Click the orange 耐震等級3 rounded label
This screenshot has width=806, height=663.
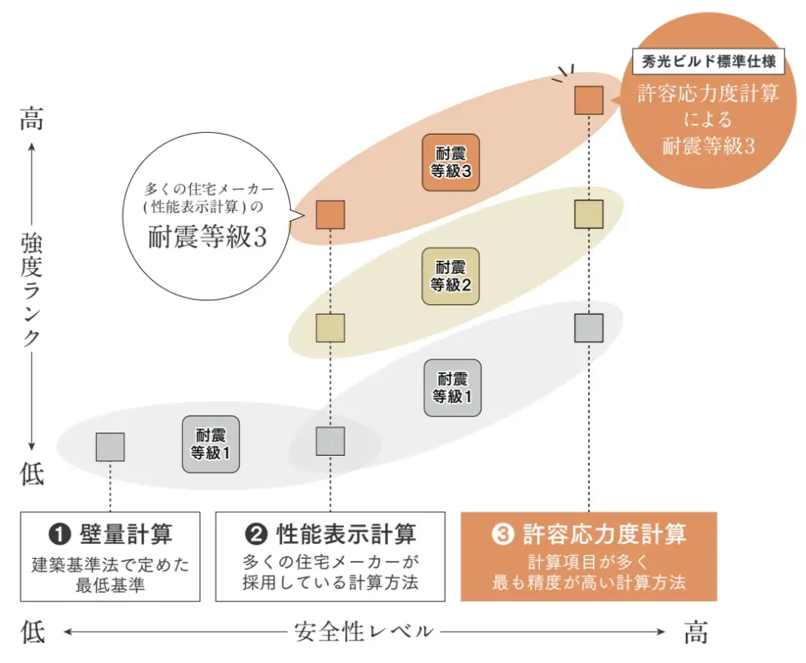[450, 162]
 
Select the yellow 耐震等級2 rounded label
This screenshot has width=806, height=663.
[450, 275]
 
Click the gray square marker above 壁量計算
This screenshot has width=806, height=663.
[110, 447]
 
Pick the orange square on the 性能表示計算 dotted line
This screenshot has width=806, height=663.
[330, 215]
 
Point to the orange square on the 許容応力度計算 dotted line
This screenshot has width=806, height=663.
[589, 99]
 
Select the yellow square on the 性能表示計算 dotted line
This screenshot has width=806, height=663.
[330, 327]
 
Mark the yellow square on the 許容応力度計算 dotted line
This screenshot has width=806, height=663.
[589, 215]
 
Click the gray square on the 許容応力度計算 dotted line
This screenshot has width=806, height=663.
[589, 327]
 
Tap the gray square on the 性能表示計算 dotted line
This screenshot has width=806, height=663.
[330, 440]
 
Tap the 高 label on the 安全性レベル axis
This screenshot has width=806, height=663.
[695, 633]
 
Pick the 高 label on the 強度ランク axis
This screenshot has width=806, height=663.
[30, 120]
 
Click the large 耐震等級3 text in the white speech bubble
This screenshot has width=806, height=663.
[207, 238]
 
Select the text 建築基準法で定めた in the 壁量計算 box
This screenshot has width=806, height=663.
[111, 565]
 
